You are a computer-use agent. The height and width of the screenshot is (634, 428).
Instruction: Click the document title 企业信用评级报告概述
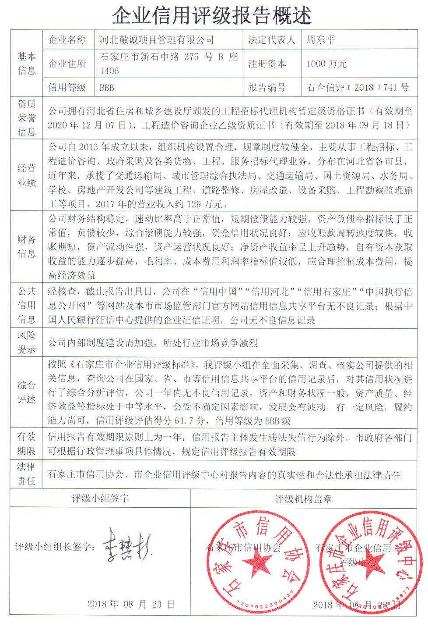coord(212,16)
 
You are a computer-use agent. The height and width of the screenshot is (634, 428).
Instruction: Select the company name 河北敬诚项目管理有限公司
coord(157,40)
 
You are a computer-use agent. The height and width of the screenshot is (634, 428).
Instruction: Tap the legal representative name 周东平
coord(320,40)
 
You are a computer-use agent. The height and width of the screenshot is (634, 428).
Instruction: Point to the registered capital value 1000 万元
coord(326,64)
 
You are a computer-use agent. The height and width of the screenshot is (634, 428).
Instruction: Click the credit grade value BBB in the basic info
coord(107,87)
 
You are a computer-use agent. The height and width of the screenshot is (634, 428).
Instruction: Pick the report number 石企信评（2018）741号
coord(358,87)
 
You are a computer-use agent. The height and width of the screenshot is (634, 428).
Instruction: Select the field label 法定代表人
coord(271,40)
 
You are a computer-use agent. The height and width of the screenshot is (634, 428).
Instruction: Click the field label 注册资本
coord(267,64)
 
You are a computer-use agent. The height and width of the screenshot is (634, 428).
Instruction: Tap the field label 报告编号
coord(267,87)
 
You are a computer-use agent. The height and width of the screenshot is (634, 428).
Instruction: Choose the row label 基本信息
coord(27,64)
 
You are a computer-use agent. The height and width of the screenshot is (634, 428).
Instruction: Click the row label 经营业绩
coord(27,175)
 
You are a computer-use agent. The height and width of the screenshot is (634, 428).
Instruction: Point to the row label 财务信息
coord(27,246)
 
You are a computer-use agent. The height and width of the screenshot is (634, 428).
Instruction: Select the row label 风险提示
coord(27,342)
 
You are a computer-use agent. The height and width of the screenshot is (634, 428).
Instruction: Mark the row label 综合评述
coord(27,392)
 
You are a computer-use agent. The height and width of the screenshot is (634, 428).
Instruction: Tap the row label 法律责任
coord(27,474)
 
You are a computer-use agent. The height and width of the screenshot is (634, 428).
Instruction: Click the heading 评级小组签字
coord(100,499)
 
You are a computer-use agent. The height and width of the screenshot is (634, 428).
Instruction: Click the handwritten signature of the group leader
coord(127,545)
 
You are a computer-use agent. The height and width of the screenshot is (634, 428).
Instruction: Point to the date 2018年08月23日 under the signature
coord(131,604)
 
